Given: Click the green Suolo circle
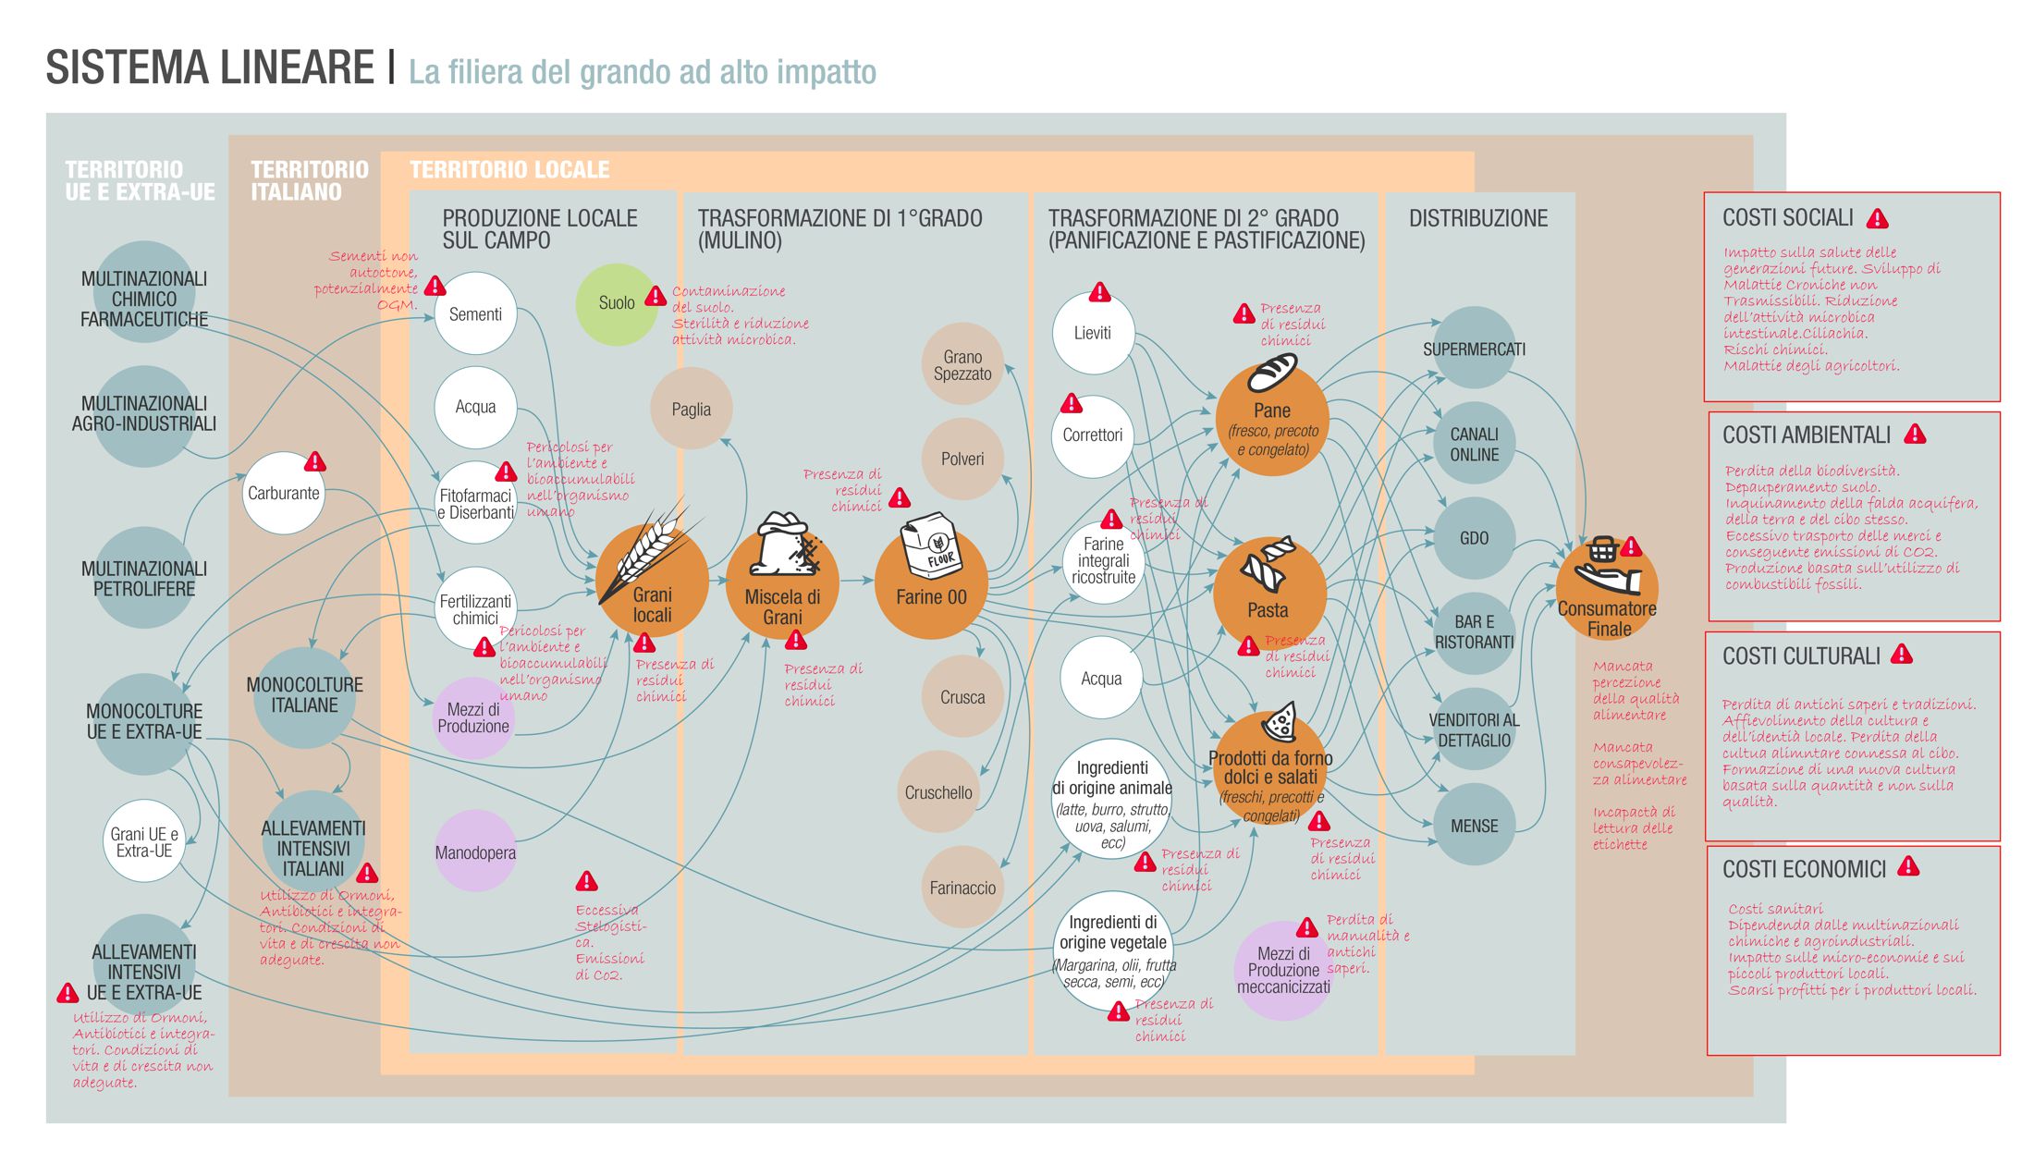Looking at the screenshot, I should tap(616, 304).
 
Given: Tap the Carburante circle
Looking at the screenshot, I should tap(283, 494).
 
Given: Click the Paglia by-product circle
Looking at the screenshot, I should tap(692, 409).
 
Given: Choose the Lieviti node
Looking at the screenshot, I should tap(1093, 334).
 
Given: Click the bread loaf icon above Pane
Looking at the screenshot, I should tap(1272, 374).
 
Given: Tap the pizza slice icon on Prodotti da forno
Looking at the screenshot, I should tap(1281, 721).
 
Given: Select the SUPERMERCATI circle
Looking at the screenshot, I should tap(1474, 349).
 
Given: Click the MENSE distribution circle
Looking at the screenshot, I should tap(1474, 826).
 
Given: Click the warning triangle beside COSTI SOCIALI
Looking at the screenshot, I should tap(1878, 219).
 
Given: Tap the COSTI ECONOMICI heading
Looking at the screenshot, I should tap(1803, 869).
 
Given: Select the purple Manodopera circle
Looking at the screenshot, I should tap(475, 852).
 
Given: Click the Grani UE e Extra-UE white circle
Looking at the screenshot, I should tap(144, 841).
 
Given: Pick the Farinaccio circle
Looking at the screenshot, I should tap(962, 888).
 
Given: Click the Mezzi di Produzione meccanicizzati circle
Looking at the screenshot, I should tap(1283, 970).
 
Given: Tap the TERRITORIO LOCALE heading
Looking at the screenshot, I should tap(509, 170).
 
